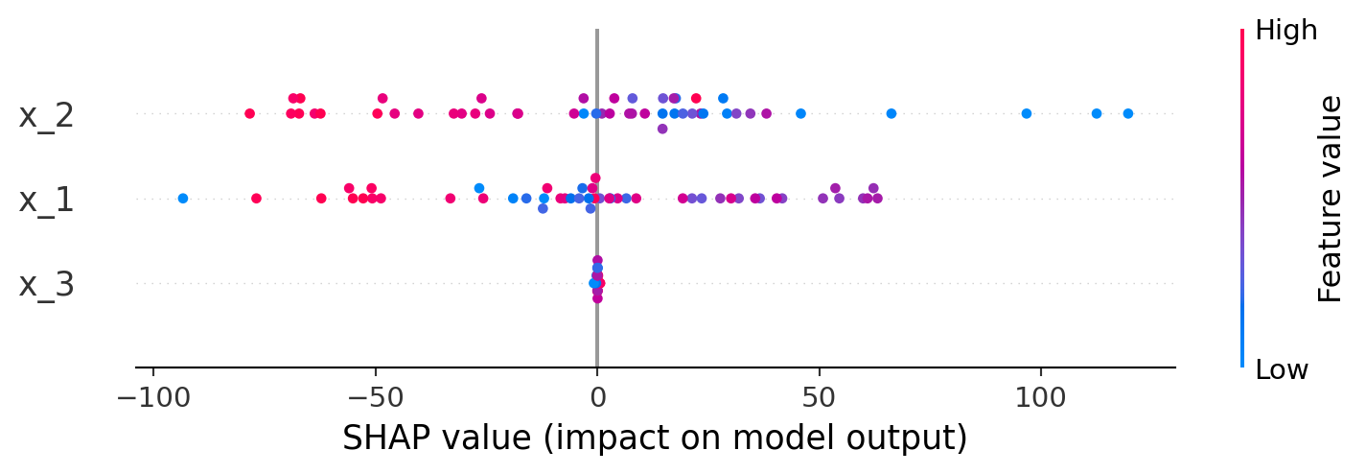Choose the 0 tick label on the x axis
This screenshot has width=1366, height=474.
tap(597, 396)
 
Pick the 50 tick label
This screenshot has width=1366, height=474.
tap(820, 396)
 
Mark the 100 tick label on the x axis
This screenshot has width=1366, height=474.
tap(1041, 396)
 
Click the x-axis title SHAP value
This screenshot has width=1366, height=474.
tap(655, 438)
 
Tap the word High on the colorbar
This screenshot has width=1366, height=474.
tap(1285, 31)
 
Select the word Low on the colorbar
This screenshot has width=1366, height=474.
tap(1282, 370)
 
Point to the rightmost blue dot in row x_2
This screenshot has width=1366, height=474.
tap(1127, 113)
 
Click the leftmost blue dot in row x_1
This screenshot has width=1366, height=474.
tap(183, 199)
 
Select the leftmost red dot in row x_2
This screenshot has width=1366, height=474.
tap(250, 113)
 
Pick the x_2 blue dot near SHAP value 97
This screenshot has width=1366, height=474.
tap(1027, 113)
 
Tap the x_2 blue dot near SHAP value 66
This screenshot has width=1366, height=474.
tap(891, 113)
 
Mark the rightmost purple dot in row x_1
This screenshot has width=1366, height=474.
tap(877, 199)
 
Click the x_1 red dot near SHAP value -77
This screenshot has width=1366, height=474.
tap(256, 199)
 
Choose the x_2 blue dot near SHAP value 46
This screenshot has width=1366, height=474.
tap(800, 113)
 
